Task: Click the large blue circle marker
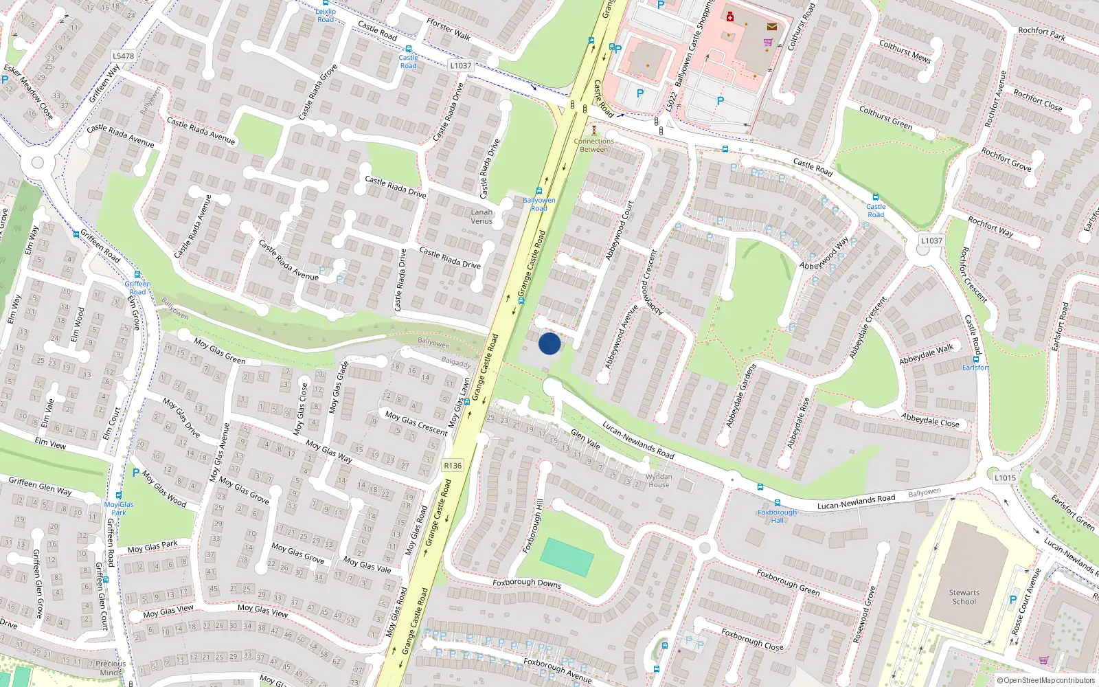click(x=549, y=343)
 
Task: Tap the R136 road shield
click(x=453, y=465)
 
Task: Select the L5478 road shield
click(x=123, y=56)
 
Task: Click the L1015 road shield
click(x=1005, y=477)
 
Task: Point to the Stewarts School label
click(x=964, y=597)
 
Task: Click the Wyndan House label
click(x=659, y=480)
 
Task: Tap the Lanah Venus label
click(x=481, y=216)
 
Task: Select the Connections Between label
click(x=594, y=145)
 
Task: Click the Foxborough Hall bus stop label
click(x=777, y=516)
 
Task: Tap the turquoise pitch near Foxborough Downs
click(x=567, y=557)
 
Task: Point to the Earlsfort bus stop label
click(x=975, y=368)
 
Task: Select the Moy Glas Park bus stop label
click(x=119, y=508)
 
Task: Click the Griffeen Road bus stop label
click(x=137, y=288)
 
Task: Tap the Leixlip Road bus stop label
click(x=326, y=15)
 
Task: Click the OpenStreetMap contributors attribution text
click(x=1049, y=680)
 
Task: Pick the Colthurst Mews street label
click(x=905, y=52)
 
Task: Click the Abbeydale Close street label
click(x=930, y=420)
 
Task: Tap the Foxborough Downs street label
click(x=527, y=583)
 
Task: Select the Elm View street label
click(x=50, y=443)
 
